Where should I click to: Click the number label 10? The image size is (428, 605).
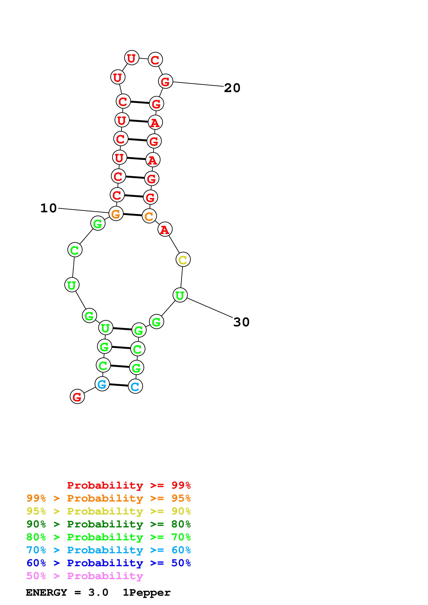click(x=49, y=208)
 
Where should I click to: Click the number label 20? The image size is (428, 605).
click(x=232, y=88)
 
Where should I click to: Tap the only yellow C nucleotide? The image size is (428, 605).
click(x=183, y=260)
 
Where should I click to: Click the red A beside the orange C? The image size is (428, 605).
click(x=165, y=230)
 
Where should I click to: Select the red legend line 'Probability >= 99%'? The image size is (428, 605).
click(x=129, y=485)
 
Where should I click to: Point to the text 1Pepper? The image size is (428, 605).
click(x=147, y=592)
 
